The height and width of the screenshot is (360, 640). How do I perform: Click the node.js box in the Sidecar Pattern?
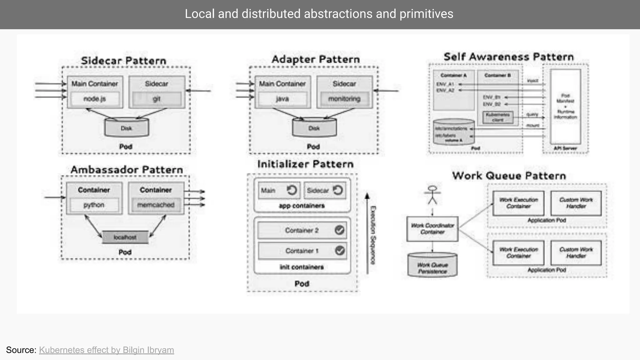tap(95, 99)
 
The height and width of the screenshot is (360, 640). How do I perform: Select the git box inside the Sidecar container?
tap(157, 99)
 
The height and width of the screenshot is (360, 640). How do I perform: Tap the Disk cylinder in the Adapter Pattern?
tap(314, 128)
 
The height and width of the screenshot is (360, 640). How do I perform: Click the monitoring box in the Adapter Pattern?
tap(344, 99)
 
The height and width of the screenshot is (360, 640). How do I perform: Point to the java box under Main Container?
tap(282, 99)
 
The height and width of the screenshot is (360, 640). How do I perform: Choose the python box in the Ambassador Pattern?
tap(94, 205)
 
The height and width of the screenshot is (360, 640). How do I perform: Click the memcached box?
tap(156, 205)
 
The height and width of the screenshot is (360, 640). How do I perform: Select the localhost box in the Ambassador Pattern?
tap(125, 237)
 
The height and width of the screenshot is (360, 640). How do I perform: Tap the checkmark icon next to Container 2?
tap(339, 230)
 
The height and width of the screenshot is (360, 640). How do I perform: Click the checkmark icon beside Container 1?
tap(339, 250)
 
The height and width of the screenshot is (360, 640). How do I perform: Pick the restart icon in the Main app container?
tap(292, 190)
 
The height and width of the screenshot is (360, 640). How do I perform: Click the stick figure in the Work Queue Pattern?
tap(432, 195)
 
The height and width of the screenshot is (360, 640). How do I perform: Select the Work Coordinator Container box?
tap(432, 229)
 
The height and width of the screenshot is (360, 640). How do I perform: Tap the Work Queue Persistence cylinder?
tap(432, 266)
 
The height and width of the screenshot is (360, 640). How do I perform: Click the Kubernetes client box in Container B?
tap(498, 117)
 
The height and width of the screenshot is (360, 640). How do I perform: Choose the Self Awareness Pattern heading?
tap(509, 57)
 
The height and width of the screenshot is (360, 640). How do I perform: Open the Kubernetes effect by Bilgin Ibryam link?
tap(106, 350)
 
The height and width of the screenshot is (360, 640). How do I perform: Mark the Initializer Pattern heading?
tap(305, 164)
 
